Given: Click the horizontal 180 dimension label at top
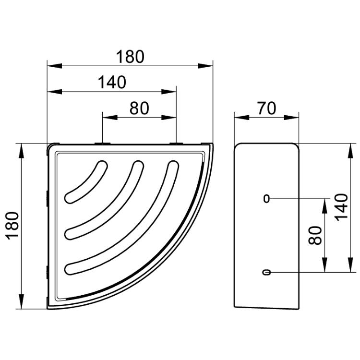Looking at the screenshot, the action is click(x=130, y=57).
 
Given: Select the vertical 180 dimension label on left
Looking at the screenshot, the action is click(x=13, y=226).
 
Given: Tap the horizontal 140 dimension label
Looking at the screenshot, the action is click(x=112, y=82).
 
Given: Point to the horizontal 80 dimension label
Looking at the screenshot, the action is click(x=139, y=108).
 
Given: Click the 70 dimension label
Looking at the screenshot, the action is click(x=266, y=108).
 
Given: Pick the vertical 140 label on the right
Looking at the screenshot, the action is click(x=341, y=207).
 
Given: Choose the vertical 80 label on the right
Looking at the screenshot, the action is click(x=315, y=235).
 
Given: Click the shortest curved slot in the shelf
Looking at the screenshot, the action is click(x=86, y=182).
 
